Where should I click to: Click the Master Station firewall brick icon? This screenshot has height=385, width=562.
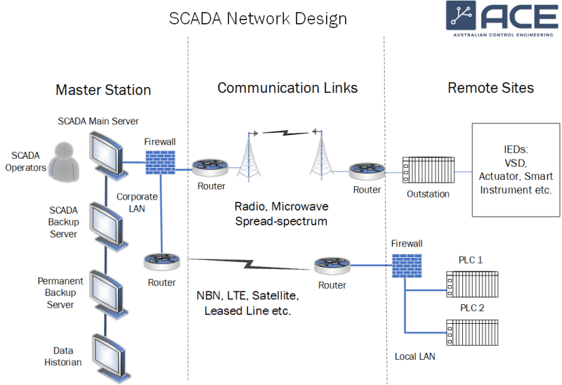coord(160,162)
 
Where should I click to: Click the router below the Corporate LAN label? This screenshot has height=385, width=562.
coord(162,262)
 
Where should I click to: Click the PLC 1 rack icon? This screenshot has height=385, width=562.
coord(470,280)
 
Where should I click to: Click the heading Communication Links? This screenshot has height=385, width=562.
coord(287,88)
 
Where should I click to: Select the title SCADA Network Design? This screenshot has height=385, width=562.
coord(258,18)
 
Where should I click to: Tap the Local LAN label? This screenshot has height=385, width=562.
coord(414,356)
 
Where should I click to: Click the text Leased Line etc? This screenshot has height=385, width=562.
coord(247,310)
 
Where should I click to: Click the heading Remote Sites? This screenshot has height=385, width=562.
coord(490,88)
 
